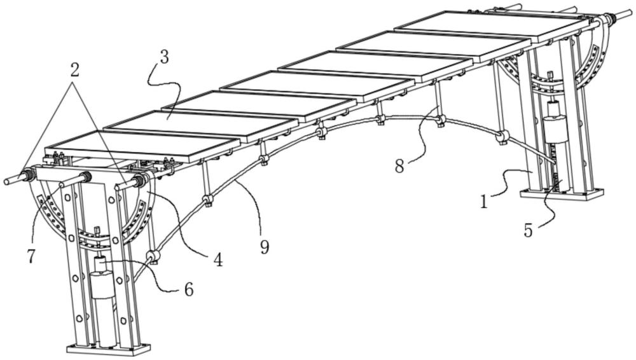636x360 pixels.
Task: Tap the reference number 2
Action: click(x=74, y=70)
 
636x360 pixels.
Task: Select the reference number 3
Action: click(x=163, y=57)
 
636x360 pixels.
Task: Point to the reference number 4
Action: click(x=218, y=260)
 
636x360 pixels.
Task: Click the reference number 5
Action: click(x=528, y=230)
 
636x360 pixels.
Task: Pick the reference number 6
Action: click(x=189, y=289)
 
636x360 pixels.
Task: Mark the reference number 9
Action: click(x=265, y=246)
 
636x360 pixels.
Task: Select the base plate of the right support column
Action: click(x=562, y=193)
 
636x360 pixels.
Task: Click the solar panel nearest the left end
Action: click(x=142, y=145)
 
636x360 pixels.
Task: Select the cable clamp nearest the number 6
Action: click(x=153, y=256)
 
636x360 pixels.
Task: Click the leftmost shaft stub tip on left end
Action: click(x=6, y=181)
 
